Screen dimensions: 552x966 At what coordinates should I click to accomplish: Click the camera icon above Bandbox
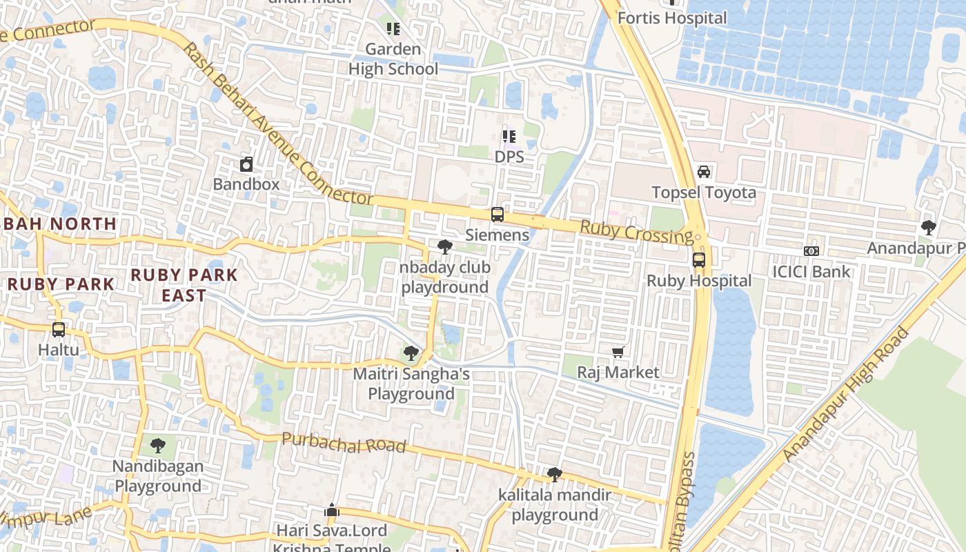point(246,164)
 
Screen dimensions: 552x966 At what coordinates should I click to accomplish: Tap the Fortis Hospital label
point(672,18)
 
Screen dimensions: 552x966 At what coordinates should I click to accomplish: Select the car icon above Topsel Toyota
point(704,172)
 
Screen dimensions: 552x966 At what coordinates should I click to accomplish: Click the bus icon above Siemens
point(497,215)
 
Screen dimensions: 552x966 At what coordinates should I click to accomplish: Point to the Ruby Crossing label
point(635,233)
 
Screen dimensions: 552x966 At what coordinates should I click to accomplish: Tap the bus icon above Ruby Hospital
point(699,260)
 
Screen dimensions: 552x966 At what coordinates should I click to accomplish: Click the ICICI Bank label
point(811,271)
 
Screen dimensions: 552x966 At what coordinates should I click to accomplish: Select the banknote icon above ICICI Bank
point(811,251)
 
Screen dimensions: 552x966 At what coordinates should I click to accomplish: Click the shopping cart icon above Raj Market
point(618,353)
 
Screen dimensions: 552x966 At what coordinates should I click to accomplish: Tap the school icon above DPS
point(509,137)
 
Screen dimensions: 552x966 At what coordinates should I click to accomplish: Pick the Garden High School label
point(393,59)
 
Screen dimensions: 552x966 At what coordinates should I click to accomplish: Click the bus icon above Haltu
point(59,330)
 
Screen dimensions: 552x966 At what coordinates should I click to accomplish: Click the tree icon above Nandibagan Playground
point(158,446)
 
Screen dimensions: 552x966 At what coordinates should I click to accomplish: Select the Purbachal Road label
point(344,443)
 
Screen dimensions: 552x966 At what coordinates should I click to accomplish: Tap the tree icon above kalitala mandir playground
point(554,475)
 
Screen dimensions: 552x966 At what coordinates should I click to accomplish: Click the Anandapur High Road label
point(847,394)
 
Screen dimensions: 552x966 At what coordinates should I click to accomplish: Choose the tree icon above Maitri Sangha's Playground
point(411,354)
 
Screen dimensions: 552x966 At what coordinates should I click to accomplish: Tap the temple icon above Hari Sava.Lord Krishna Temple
point(332,511)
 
